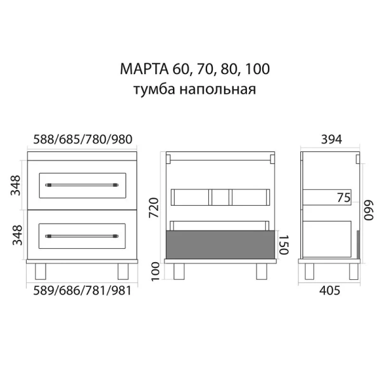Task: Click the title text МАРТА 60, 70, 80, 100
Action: pyautogui.click(x=190, y=68)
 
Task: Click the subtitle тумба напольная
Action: pyautogui.click(x=190, y=89)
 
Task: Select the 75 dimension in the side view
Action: pyautogui.click(x=343, y=198)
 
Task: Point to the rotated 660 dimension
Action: pyautogui.click(x=369, y=209)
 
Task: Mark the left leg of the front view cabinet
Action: pyautogui.click(x=41, y=272)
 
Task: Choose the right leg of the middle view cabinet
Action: pyautogui.click(x=261, y=272)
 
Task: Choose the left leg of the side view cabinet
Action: pyautogui.click(x=311, y=272)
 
